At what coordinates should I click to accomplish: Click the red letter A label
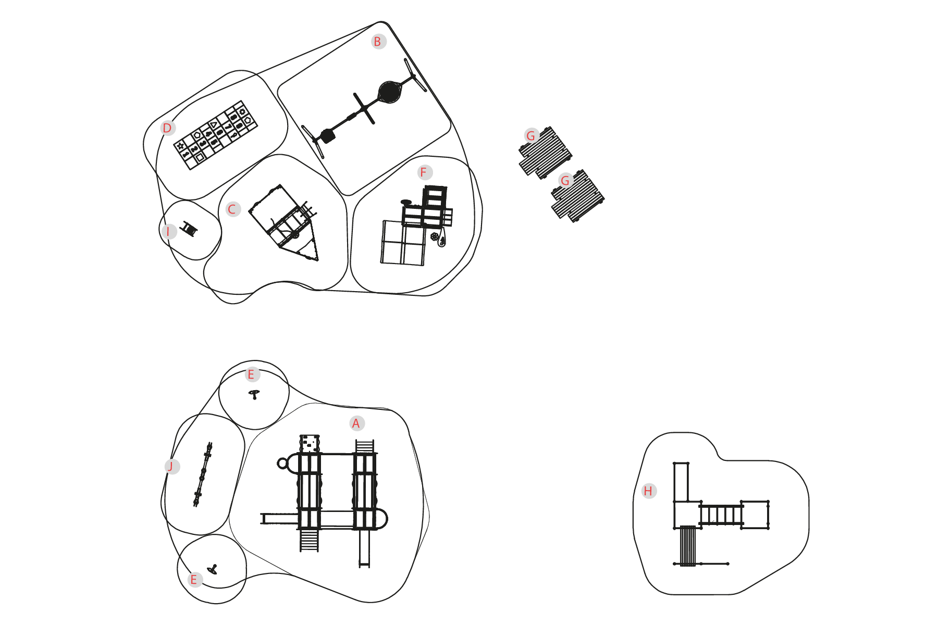point(356,423)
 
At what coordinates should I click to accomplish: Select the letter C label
point(232,209)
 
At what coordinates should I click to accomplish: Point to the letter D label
point(167,128)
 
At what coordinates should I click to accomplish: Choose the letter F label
point(424,172)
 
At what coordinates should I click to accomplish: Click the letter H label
point(648,491)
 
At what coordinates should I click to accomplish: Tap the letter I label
point(168,231)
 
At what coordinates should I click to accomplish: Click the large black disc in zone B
point(389,92)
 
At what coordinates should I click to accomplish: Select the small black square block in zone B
point(327,136)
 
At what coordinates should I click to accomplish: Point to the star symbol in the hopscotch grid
point(180,146)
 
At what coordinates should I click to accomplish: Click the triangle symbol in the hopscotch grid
point(213,124)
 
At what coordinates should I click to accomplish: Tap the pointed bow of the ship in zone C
point(316,258)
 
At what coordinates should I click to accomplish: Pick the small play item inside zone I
point(189,229)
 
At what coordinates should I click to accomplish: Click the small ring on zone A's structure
point(282,463)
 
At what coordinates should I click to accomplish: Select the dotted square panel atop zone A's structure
point(310,443)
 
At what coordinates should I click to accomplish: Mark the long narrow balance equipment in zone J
point(203,474)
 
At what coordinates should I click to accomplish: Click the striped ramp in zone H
point(688,546)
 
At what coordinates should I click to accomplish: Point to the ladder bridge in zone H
point(721,515)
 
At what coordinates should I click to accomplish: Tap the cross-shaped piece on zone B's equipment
point(364,108)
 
